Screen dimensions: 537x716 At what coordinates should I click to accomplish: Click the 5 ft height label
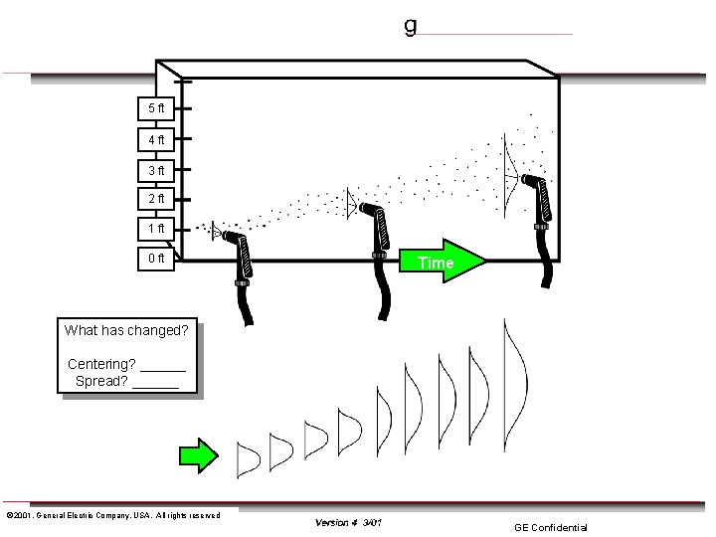[x=156, y=107]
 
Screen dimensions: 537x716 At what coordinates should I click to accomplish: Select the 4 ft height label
[x=156, y=139]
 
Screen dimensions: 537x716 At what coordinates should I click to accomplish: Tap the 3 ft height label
[x=156, y=169]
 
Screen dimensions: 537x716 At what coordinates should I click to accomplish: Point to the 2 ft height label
[x=156, y=199]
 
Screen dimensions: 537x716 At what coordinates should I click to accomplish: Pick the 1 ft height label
[x=156, y=230]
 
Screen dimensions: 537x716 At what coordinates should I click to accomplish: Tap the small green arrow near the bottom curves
[x=200, y=454]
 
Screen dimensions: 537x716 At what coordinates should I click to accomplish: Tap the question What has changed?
[x=126, y=330]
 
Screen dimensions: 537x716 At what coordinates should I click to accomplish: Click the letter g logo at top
[x=410, y=25]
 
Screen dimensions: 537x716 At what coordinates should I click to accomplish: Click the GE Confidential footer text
[x=550, y=527]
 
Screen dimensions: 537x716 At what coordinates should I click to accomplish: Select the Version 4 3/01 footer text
[x=348, y=522]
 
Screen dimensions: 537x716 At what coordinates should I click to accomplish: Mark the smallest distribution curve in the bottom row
[x=248, y=456]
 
